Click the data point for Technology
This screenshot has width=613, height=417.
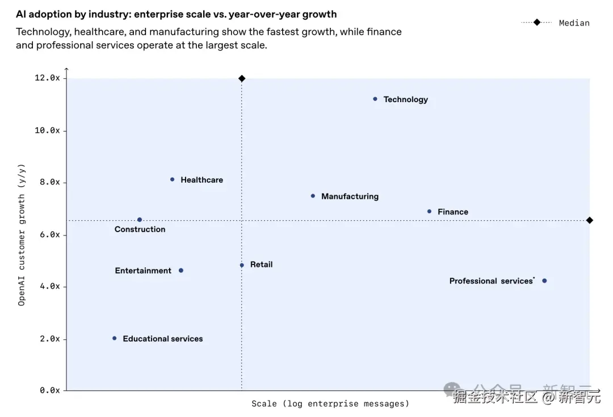coord(375,99)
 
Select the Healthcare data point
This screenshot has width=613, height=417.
coord(173,179)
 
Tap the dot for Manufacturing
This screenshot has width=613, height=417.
coord(313,196)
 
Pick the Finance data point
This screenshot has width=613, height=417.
coord(429,212)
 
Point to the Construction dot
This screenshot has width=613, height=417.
coord(140,220)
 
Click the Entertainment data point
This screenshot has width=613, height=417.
coord(181,271)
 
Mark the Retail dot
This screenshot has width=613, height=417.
coord(242,265)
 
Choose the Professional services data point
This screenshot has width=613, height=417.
coord(544,281)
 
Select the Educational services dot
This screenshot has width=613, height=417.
coord(115,338)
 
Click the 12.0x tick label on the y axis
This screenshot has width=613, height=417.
coord(47,78)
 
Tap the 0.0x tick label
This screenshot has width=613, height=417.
coord(49,390)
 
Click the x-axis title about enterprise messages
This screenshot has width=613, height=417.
coord(330,404)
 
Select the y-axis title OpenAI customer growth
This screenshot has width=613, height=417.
coord(22,234)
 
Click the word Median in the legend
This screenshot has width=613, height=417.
coord(574,23)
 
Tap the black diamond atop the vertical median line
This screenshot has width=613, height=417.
coord(242,78)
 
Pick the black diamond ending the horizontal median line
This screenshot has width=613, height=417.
coord(590,220)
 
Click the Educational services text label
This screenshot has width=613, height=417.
coord(163,339)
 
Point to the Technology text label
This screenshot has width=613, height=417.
coord(406,99)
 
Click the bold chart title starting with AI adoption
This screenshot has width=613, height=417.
coord(176,14)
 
